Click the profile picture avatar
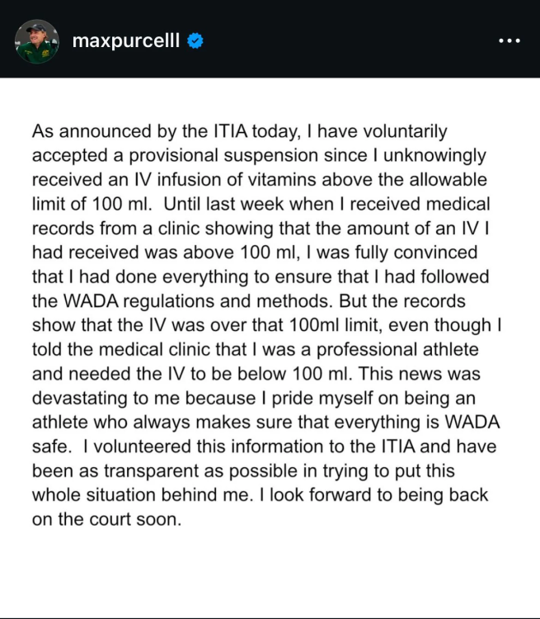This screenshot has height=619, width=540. pyautogui.click(x=37, y=40)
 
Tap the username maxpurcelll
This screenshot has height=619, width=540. pyautogui.click(x=126, y=40)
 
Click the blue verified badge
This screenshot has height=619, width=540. pyautogui.click(x=195, y=40)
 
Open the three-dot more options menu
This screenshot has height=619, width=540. pyautogui.click(x=509, y=40)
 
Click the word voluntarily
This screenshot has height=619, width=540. pyautogui.click(x=397, y=132)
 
